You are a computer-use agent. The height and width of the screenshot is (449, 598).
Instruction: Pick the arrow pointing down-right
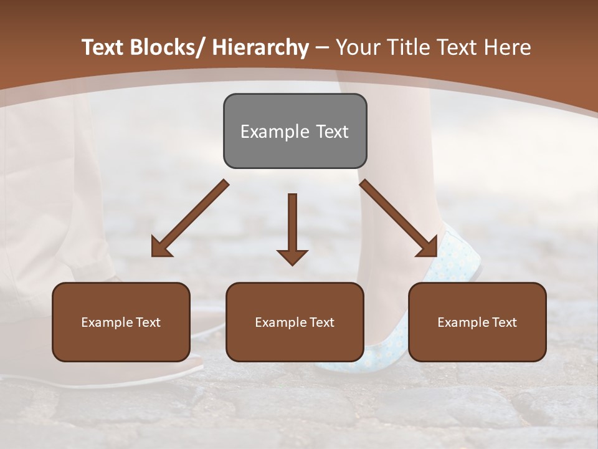[x=398, y=218]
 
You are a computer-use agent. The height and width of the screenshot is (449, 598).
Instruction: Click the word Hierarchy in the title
[x=260, y=47]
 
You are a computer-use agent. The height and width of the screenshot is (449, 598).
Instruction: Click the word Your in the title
[x=358, y=47]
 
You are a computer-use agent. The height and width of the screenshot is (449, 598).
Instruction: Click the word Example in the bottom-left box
[x=107, y=322]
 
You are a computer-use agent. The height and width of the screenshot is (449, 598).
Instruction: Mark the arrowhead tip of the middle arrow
[x=292, y=264]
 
